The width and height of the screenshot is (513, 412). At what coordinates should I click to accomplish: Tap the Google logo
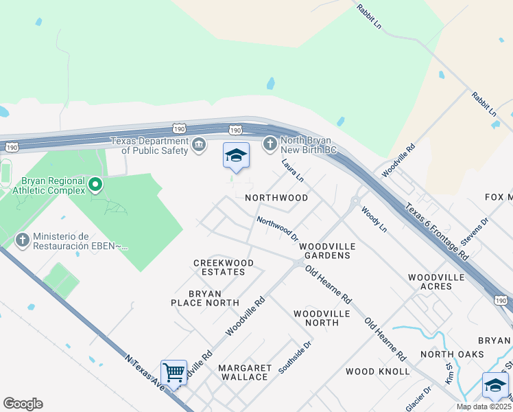tap(23, 404)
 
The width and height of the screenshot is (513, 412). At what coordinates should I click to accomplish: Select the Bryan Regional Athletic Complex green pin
tap(95, 184)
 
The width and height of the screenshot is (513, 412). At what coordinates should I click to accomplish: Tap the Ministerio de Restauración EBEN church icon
tap(22, 240)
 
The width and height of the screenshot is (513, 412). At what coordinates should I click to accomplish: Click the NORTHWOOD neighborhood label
tap(276, 198)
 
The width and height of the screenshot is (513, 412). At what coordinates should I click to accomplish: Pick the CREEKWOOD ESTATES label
tap(224, 267)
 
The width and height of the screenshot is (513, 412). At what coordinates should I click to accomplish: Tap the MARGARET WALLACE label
tap(243, 372)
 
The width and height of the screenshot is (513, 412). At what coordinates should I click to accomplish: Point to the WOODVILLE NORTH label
tap(322, 317)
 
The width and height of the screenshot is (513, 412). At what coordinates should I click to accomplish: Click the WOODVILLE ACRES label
tap(438, 282)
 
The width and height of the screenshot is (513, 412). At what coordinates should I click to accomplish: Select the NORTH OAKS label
tap(452, 354)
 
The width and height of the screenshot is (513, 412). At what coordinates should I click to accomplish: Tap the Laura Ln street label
tap(293, 170)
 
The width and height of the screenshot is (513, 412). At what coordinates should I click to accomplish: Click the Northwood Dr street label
tap(277, 229)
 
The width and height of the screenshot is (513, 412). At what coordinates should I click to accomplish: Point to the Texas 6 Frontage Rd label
tap(436, 229)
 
